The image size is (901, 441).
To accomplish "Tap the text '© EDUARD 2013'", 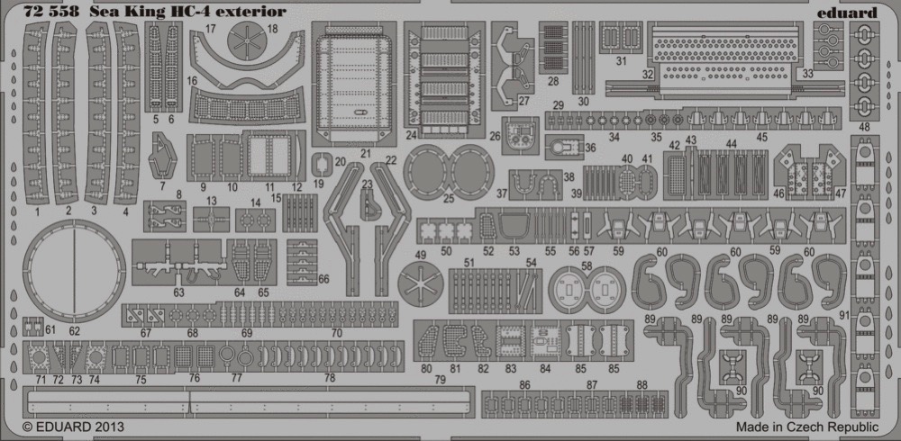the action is pos(73,427).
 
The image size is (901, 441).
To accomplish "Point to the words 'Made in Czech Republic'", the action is pos(807,427).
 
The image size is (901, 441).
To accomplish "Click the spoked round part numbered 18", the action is pos(249,40).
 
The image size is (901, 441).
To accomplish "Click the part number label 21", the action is pos(366,154).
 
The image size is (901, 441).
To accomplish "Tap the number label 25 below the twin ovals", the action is pos(448,199).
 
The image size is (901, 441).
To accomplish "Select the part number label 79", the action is pos(441,380).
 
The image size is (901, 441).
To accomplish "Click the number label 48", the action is pos(864,127).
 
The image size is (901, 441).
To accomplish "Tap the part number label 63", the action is pos(178,292).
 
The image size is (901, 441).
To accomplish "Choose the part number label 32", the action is pos(648,74).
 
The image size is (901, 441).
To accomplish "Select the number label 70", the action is pos(337,332).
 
